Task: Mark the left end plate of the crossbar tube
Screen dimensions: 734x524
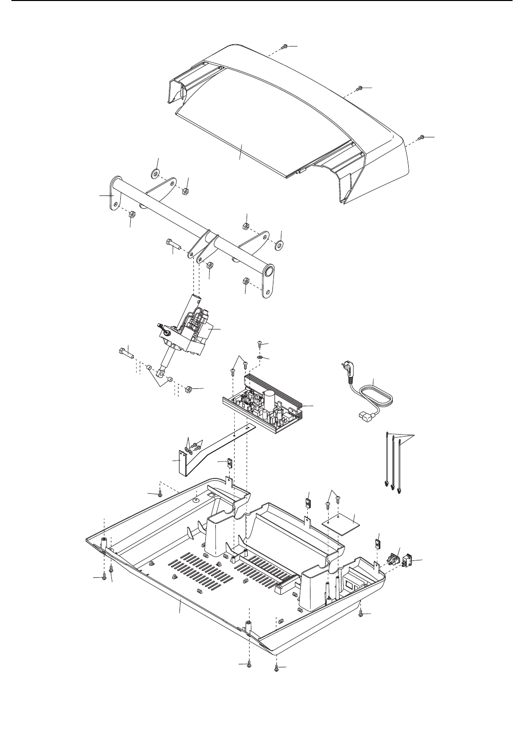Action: click(115, 190)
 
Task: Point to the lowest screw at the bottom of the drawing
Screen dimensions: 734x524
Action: click(276, 669)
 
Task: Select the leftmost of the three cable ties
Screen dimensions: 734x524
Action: click(387, 462)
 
